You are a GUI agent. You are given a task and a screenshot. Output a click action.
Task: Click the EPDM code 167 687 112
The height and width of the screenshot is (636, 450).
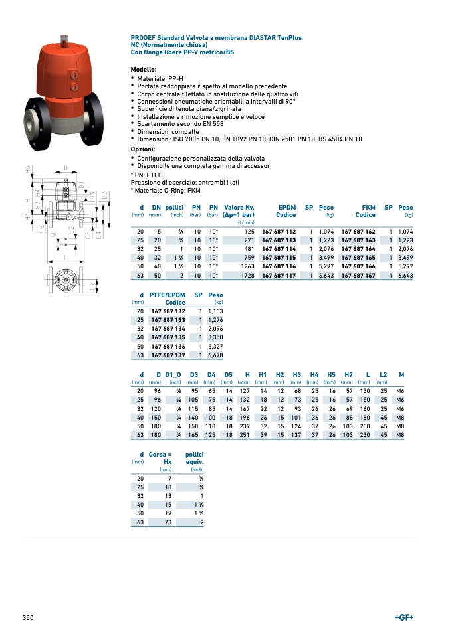[279, 230]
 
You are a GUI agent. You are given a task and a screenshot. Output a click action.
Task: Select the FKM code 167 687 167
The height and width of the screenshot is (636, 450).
[358, 275]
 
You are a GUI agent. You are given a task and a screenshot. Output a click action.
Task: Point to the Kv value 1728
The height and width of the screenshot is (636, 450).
[247, 275]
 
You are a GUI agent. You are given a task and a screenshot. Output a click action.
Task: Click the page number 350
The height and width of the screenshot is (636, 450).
[28, 618]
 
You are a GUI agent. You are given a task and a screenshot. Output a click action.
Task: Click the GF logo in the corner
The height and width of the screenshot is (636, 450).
[404, 618]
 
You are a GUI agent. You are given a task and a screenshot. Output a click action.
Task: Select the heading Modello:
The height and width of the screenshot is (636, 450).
[144, 70]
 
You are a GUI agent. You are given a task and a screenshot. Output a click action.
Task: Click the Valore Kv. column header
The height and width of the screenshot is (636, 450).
[239, 207]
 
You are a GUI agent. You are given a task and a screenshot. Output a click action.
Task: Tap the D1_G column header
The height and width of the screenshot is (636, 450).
[173, 375]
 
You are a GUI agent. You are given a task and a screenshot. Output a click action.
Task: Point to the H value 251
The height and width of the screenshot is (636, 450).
[244, 434]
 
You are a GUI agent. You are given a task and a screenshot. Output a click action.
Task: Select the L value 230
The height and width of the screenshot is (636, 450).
[364, 434]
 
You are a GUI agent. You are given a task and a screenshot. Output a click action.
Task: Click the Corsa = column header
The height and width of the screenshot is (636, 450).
[160, 455]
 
